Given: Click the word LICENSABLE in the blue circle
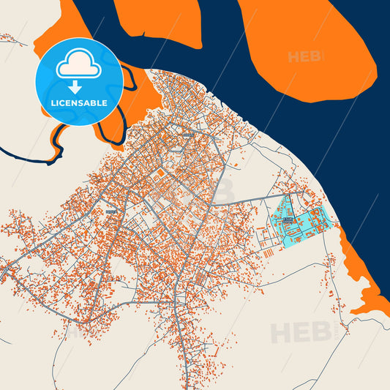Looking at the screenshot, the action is click(78, 103).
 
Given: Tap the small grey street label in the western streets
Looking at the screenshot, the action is click(110, 211).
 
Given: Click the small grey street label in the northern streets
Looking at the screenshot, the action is click(190, 135).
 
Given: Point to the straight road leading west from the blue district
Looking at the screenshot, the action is click(249, 198).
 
